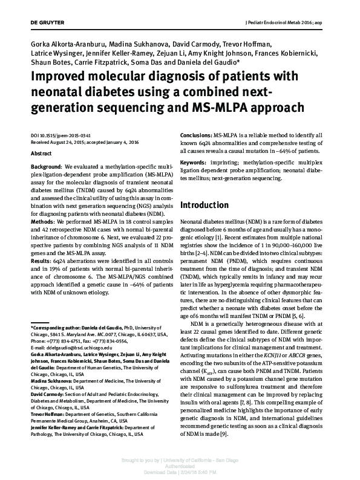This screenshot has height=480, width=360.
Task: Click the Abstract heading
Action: pos(41,154)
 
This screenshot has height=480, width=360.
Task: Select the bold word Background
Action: pos(46,165)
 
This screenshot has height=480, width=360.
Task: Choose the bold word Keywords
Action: pos(195,163)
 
